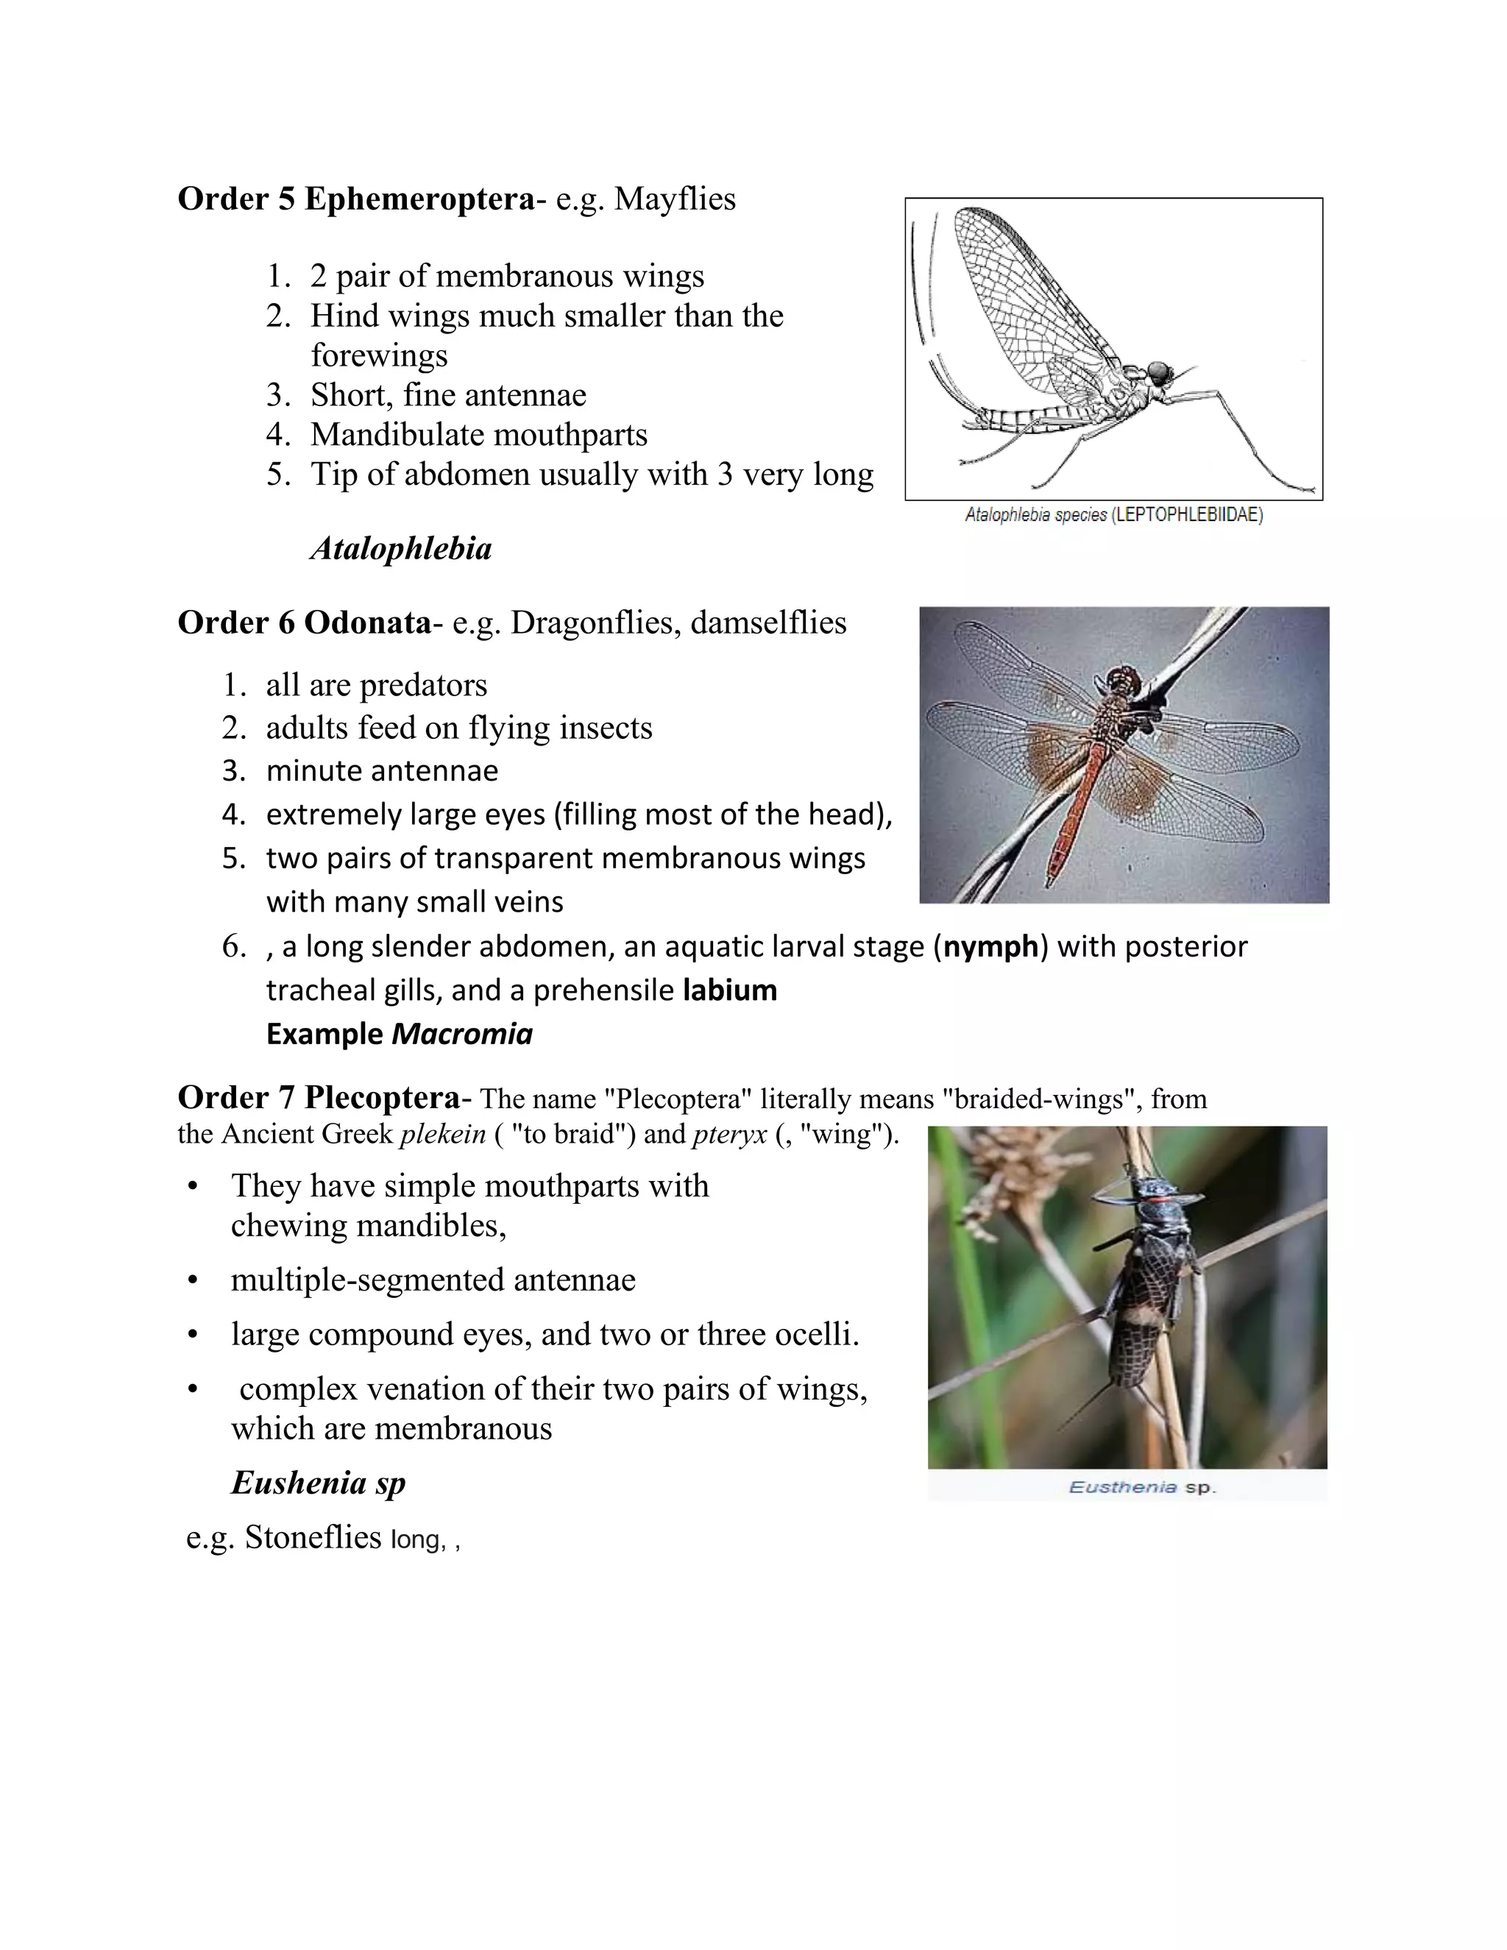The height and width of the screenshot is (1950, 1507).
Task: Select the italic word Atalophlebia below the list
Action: (x=401, y=548)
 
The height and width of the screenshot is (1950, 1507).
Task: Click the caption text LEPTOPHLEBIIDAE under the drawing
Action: (x=1188, y=515)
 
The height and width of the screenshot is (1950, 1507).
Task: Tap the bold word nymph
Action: (x=991, y=946)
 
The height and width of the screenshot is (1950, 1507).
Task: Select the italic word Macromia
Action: (x=461, y=1034)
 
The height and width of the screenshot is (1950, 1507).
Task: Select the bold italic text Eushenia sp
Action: (x=318, y=1483)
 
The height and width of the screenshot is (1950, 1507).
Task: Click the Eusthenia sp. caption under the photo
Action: (x=1142, y=1487)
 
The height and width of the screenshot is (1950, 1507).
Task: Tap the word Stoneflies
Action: (x=313, y=1537)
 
